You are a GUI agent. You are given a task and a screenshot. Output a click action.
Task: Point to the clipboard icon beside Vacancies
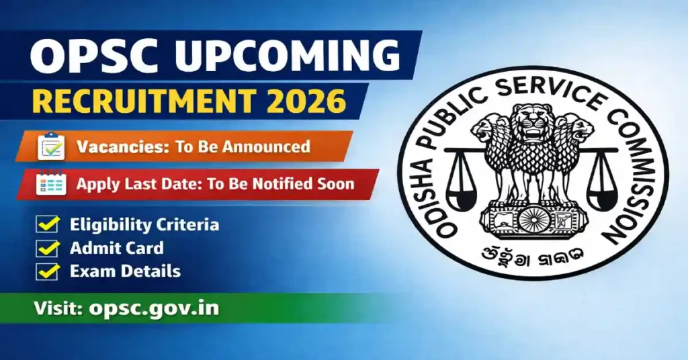click(x=51, y=146)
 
